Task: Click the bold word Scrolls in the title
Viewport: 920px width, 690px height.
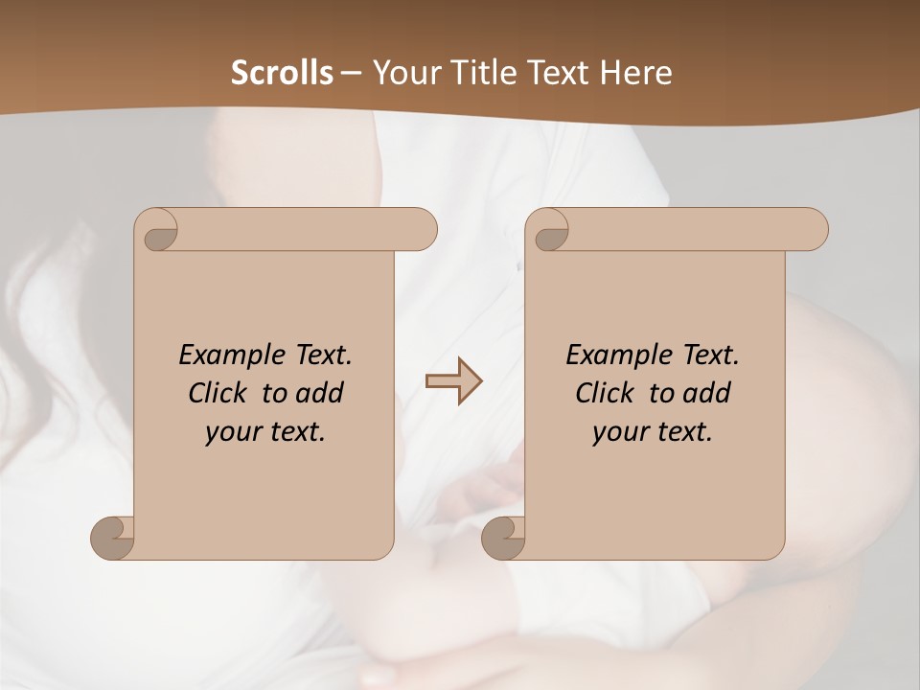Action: pos(283,73)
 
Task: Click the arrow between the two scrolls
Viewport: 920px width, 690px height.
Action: pos(453,381)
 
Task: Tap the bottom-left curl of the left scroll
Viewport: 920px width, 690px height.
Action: pos(112,538)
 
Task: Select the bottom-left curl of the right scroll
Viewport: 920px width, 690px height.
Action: pos(502,538)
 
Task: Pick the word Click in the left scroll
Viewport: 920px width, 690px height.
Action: pos(220,393)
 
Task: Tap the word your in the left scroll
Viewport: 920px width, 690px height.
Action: pos(232,432)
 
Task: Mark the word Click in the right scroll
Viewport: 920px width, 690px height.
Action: pos(608,393)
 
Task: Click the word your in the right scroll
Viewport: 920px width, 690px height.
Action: pos(619,432)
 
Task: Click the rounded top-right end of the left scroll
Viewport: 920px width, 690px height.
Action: pos(422,230)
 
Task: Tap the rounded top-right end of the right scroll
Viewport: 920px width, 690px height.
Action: pos(813,230)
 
